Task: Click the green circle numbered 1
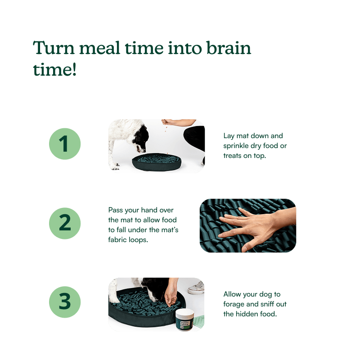pos(65,144)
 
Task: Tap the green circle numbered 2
pos(65,223)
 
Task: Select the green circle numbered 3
pos(65,302)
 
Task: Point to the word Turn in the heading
pos(54,48)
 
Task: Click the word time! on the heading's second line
pos(54,69)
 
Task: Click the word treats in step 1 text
pos(232,156)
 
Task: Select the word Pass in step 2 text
pos(116,210)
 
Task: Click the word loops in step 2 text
pos(138,240)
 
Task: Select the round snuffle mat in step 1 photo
pos(157,162)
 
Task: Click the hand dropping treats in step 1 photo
pos(166,122)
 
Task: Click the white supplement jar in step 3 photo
pos(185,320)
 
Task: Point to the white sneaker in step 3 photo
pos(196,288)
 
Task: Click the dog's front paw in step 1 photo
pos(115,166)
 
